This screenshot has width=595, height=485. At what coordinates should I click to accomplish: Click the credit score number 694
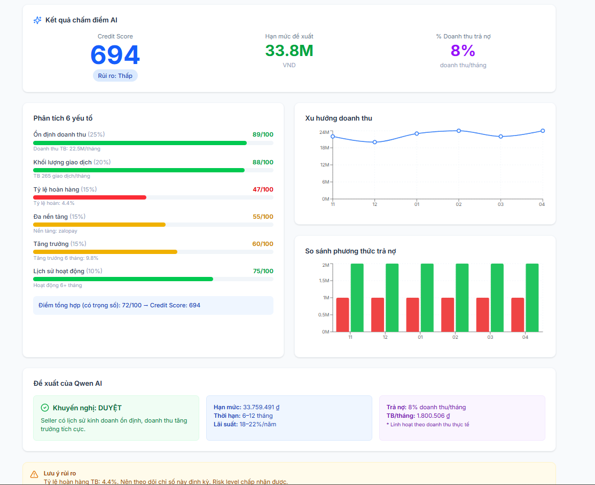click(x=115, y=55)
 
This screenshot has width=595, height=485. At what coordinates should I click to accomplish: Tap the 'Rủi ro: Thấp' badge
click(x=115, y=76)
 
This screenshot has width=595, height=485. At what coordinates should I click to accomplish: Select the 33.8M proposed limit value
click(x=289, y=51)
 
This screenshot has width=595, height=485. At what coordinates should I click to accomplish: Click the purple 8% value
click(x=463, y=51)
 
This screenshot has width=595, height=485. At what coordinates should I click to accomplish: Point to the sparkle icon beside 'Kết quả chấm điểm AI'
click(x=37, y=20)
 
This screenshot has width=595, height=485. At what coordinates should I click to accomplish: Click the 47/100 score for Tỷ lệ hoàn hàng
click(x=262, y=189)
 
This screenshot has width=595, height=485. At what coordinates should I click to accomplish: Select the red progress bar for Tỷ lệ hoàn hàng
click(x=90, y=197)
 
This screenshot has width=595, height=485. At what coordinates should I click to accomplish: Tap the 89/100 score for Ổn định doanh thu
click(x=263, y=134)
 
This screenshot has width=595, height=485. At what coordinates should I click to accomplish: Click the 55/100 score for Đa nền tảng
click(x=263, y=217)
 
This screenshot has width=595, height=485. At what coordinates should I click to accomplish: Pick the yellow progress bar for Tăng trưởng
click(x=105, y=252)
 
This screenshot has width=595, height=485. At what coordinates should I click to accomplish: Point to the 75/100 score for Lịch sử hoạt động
click(x=263, y=271)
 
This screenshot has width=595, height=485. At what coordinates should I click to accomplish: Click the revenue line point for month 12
click(x=374, y=142)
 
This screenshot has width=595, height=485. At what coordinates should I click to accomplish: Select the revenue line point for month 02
click(x=459, y=131)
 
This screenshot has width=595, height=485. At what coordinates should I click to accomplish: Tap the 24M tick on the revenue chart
click(x=324, y=132)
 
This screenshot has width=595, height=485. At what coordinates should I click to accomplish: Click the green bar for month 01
click(x=427, y=298)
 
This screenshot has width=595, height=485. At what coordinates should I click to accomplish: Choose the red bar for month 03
click(x=483, y=315)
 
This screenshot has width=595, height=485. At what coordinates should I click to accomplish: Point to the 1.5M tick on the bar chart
click(x=324, y=281)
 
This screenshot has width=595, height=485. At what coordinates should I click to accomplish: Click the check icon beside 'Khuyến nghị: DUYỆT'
click(x=45, y=408)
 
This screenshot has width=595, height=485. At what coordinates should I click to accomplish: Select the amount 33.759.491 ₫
click(x=261, y=407)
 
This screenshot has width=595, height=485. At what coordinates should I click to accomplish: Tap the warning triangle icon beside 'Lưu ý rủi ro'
click(x=34, y=474)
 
